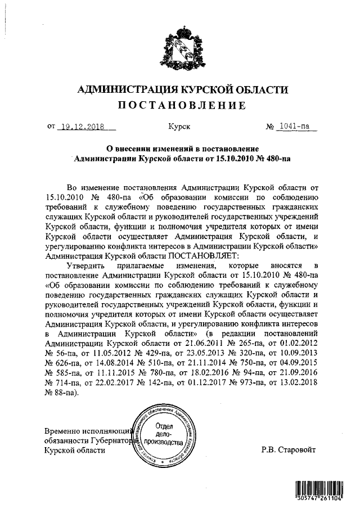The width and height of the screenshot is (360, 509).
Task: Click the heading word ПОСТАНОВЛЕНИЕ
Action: tap(181, 105)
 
